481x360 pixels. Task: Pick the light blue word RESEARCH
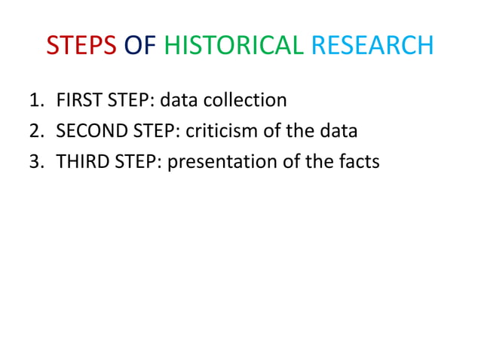pyautogui.click(x=372, y=46)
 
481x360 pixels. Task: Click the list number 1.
pyautogui.click(x=35, y=100)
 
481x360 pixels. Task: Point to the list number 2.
pyautogui.click(x=35, y=131)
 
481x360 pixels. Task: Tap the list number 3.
pyautogui.click(x=35, y=161)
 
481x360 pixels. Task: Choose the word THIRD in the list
pyautogui.click(x=80, y=161)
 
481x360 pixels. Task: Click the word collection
pyautogui.click(x=248, y=100)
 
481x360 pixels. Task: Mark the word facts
pyautogui.click(x=358, y=161)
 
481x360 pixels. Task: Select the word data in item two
pyautogui.click(x=336, y=131)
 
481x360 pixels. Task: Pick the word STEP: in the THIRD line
pyautogui.click(x=136, y=162)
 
